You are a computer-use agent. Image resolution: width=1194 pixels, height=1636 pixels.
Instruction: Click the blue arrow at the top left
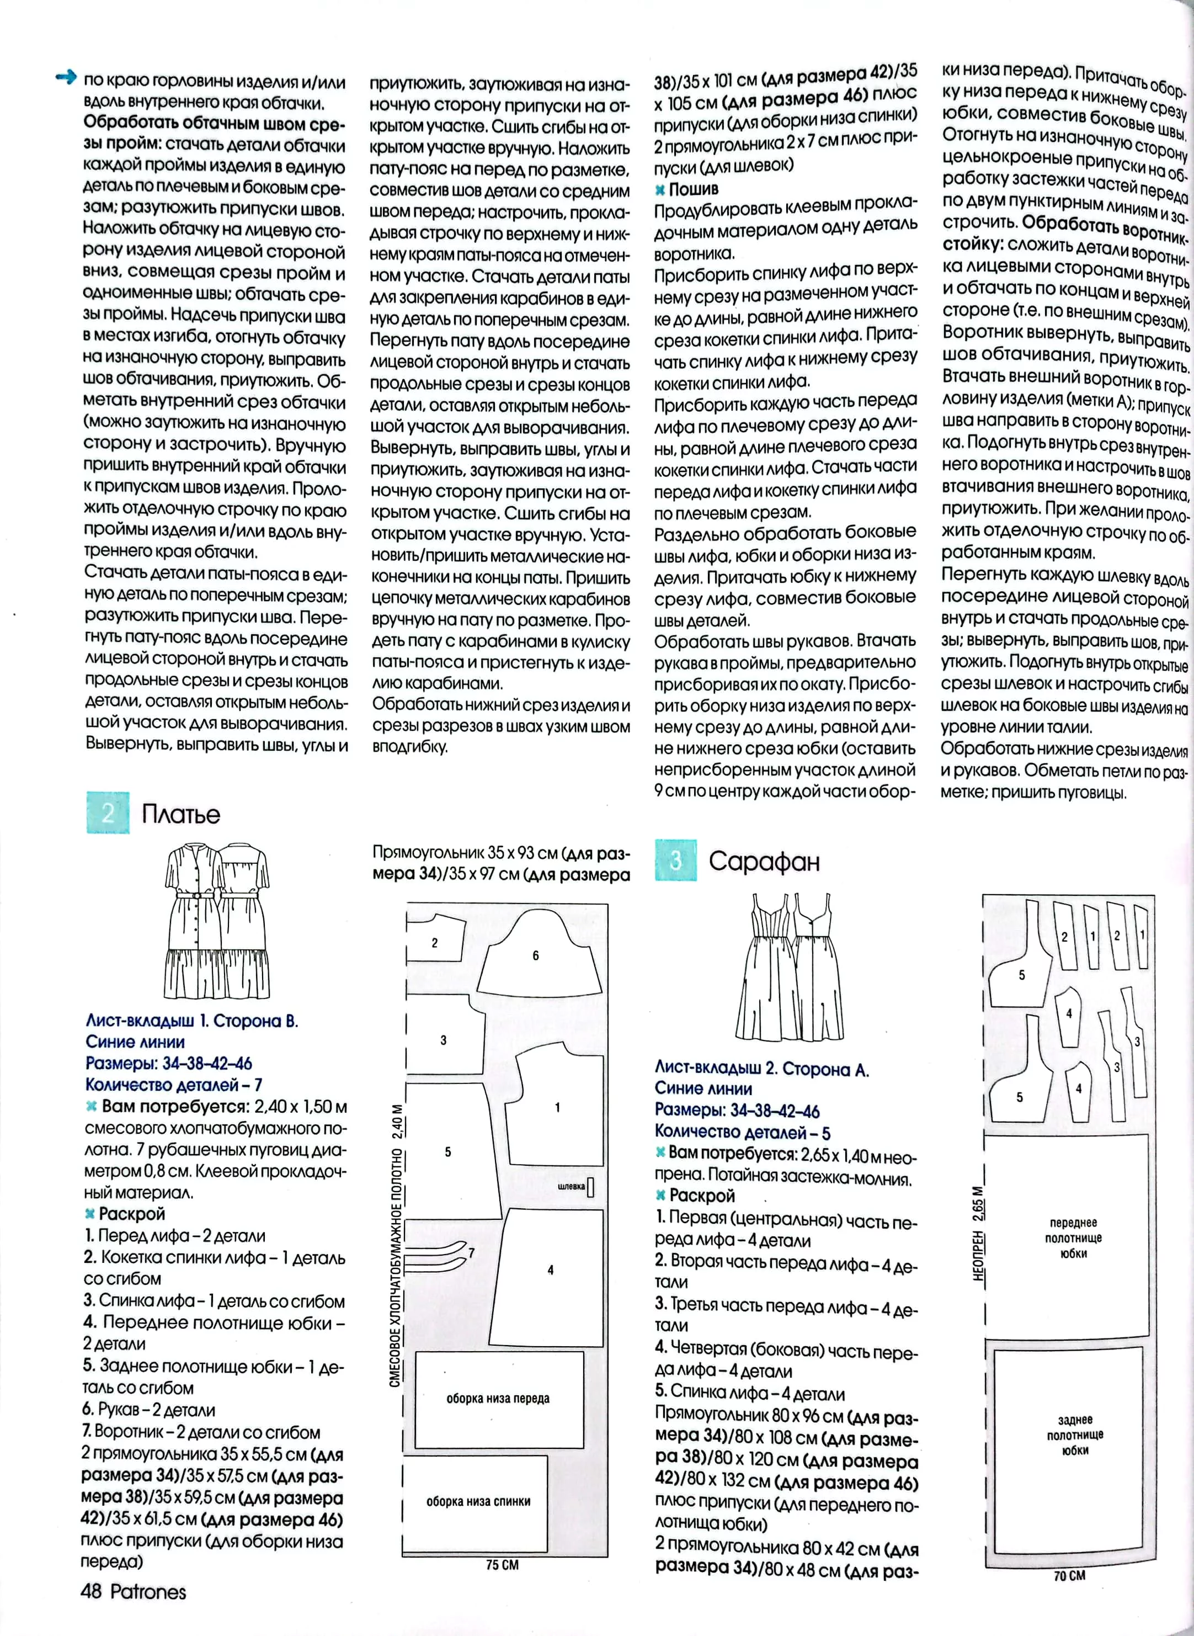pyautogui.click(x=66, y=77)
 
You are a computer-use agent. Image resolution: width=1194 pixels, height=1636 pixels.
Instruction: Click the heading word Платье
pyautogui.click(x=180, y=814)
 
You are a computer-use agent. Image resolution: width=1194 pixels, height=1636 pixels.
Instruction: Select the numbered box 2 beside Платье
pyautogui.click(x=108, y=812)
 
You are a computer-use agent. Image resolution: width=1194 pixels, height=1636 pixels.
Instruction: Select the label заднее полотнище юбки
pyautogui.click(x=1075, y=1435)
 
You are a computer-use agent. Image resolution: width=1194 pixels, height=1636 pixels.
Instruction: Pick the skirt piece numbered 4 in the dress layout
pyautogui.click(x=551, y=1270)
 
